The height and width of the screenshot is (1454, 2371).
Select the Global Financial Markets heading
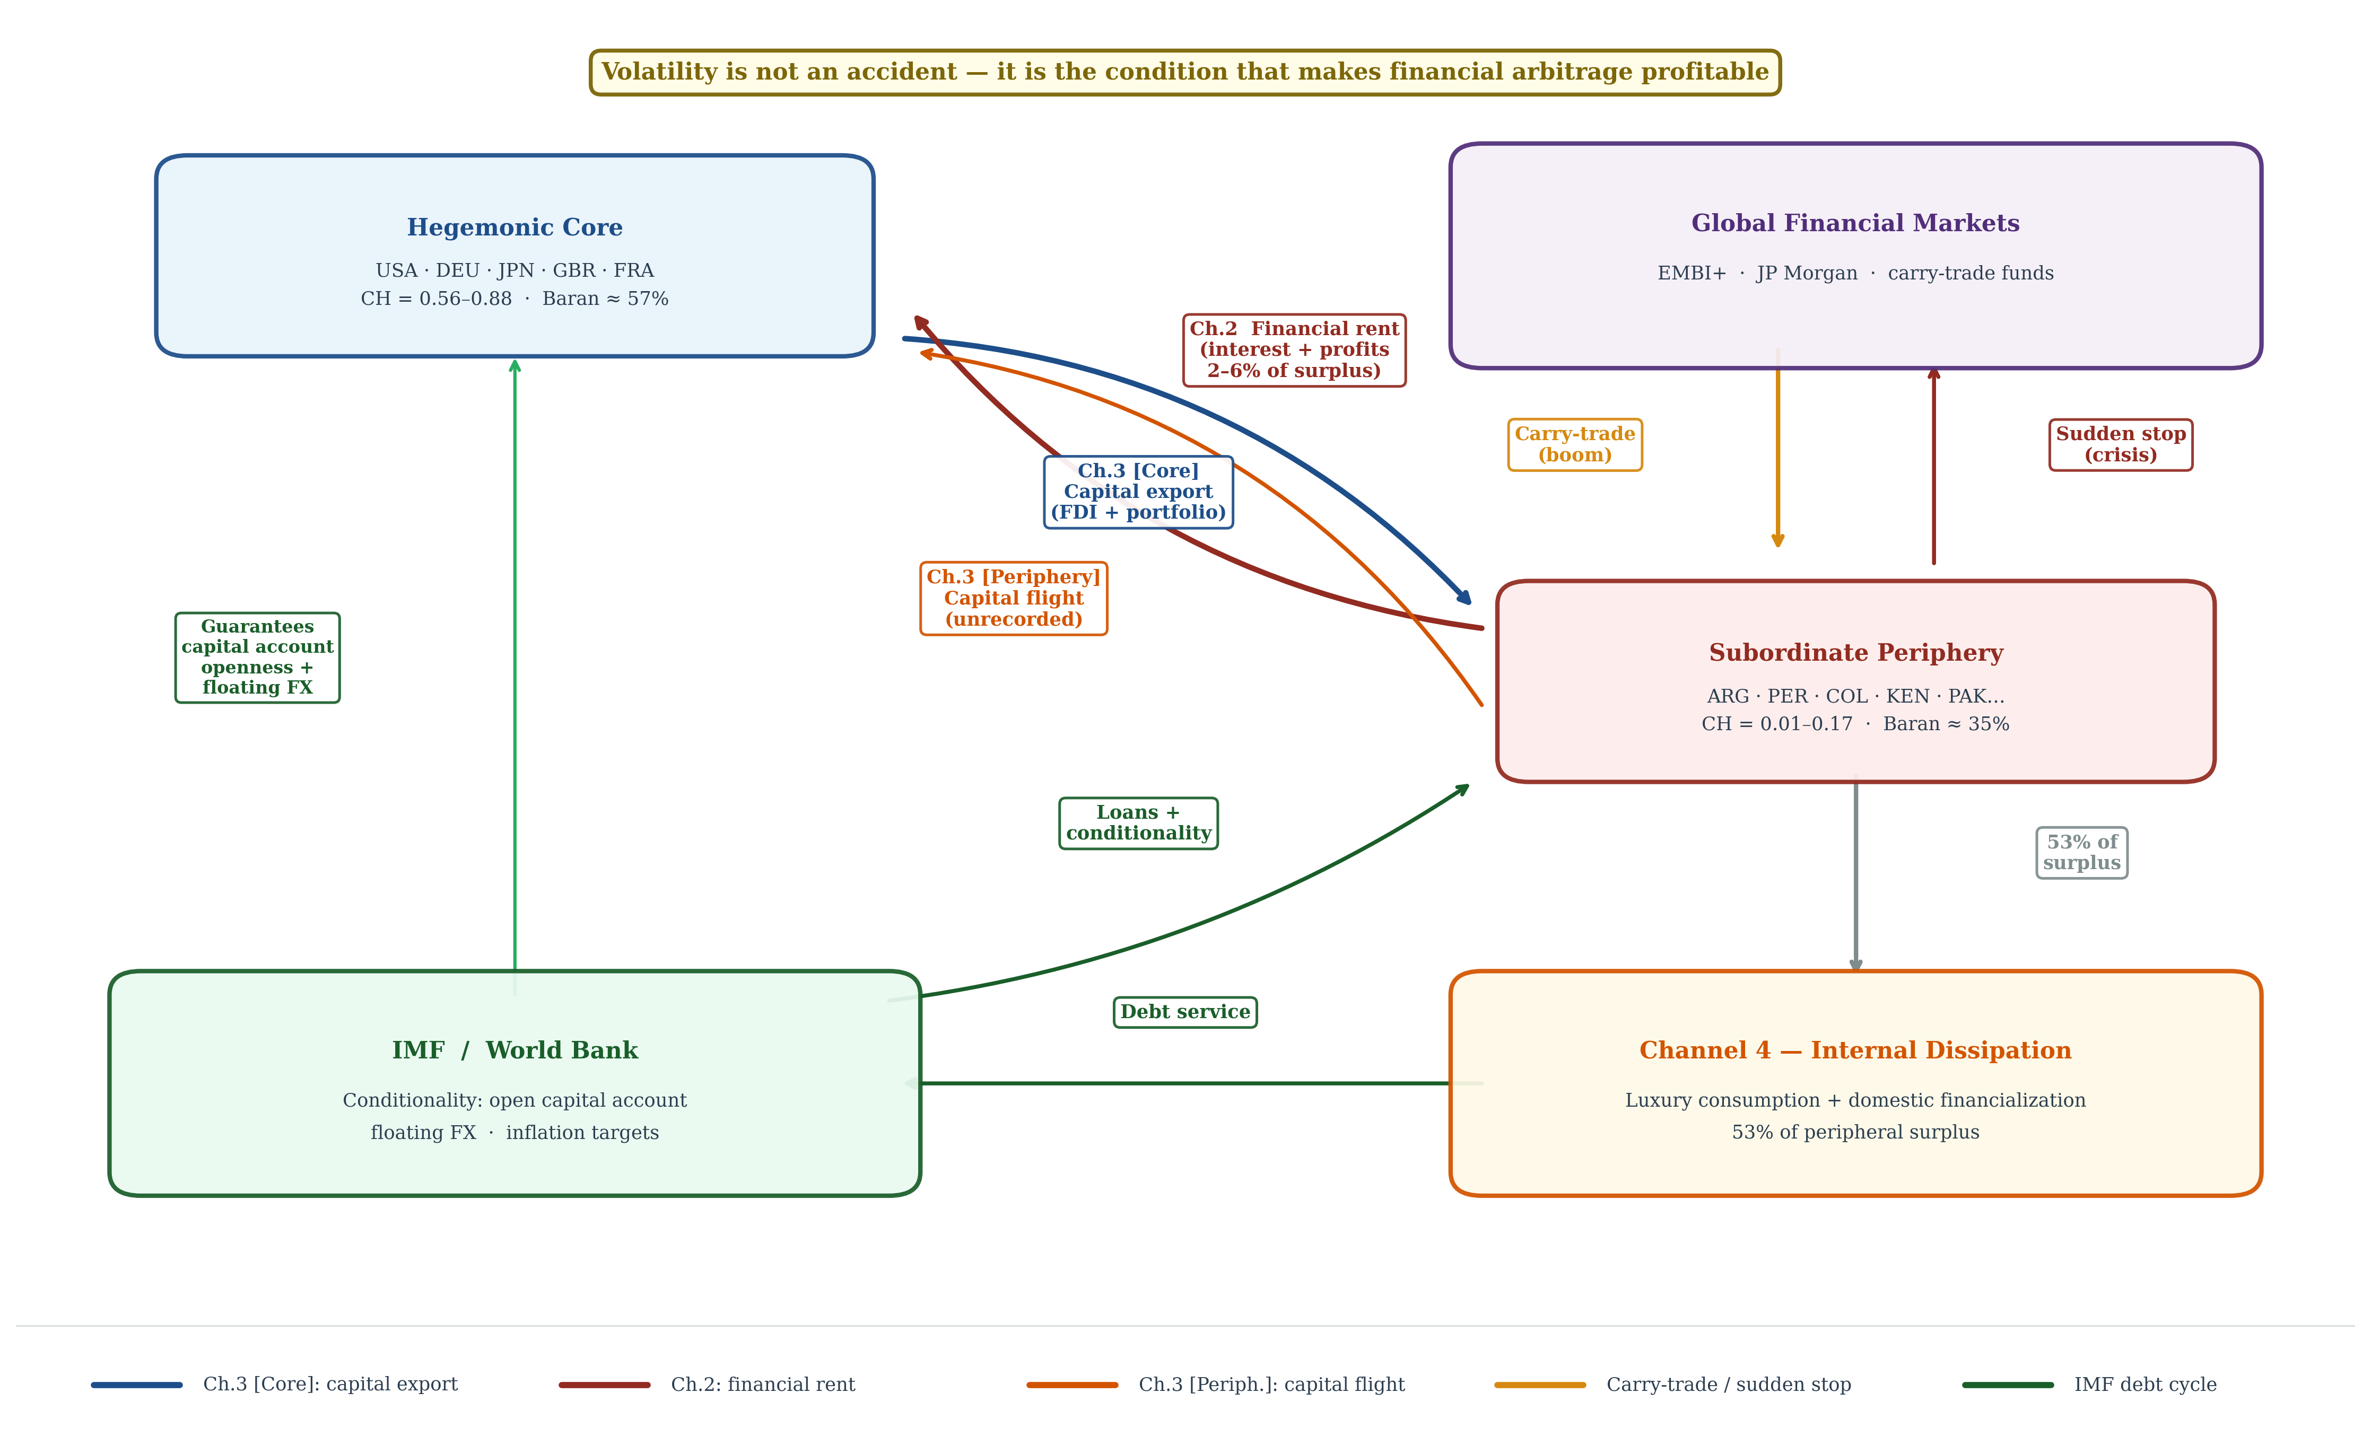(1855, 223)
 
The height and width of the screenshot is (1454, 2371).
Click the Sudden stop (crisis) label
(2121, 444)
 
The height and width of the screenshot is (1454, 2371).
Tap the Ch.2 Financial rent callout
(1294, 351)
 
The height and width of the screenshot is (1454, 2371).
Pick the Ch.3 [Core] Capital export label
(1138, 492)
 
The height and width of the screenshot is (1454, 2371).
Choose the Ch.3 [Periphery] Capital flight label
(1013, 599)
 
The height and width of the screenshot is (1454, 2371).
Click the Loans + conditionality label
(1138, 823)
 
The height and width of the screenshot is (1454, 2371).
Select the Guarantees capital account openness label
(257, 657)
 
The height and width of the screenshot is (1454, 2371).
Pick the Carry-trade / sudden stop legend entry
(1672, 1385)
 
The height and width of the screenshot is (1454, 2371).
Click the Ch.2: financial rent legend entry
(707, 1385)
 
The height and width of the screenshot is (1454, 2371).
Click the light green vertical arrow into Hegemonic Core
(515, 678)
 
